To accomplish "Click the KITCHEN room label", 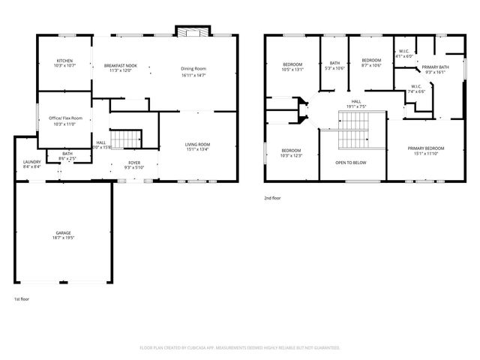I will point(64,61).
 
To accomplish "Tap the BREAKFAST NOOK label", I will point(120,67).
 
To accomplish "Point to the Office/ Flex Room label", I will point(66,118).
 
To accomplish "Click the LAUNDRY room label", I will point(31,162).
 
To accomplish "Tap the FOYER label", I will point(133,162).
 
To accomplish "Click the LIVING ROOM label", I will point(198,144).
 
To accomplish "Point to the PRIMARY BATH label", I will point(435,67).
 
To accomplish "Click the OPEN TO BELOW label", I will point(350,162).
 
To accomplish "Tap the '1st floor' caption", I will point(21,299).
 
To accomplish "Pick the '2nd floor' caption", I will point(272,198).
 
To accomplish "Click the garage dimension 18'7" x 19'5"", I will point(64,238).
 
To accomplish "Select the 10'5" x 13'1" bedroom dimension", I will point(292,70).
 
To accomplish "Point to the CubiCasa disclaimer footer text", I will point(240,347).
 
